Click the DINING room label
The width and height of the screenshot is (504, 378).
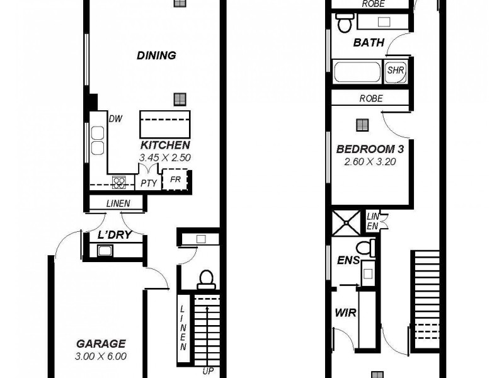click(x=156, y=55)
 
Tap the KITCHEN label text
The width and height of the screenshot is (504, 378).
click(x=165, y=144)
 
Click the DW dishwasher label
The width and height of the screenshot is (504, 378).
click(x=115, y=118)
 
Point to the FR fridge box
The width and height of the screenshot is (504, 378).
click(x=176, y=180)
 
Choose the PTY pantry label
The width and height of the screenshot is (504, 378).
click(x=149, y=183)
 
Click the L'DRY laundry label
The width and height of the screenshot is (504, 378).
click(x=113, y=236)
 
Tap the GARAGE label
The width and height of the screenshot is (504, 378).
click(x=101, y=344)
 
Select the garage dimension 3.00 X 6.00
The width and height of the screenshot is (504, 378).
click(x=101, y=356)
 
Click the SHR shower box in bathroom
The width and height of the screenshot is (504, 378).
click(x=395, y=71)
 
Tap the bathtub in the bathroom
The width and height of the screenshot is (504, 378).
click(x=357, y=71)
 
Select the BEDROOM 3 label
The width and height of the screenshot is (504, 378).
click(x=370, y=149)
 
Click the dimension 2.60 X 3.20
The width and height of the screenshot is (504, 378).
click(x=370, y=161)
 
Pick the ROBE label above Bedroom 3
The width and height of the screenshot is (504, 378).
click(x=371, y=99)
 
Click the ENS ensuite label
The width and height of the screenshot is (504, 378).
click(x=348, y=260)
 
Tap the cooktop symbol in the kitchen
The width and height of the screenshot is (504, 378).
click(x=119, y=182)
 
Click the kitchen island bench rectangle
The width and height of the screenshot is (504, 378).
click(x=165, y=120)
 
